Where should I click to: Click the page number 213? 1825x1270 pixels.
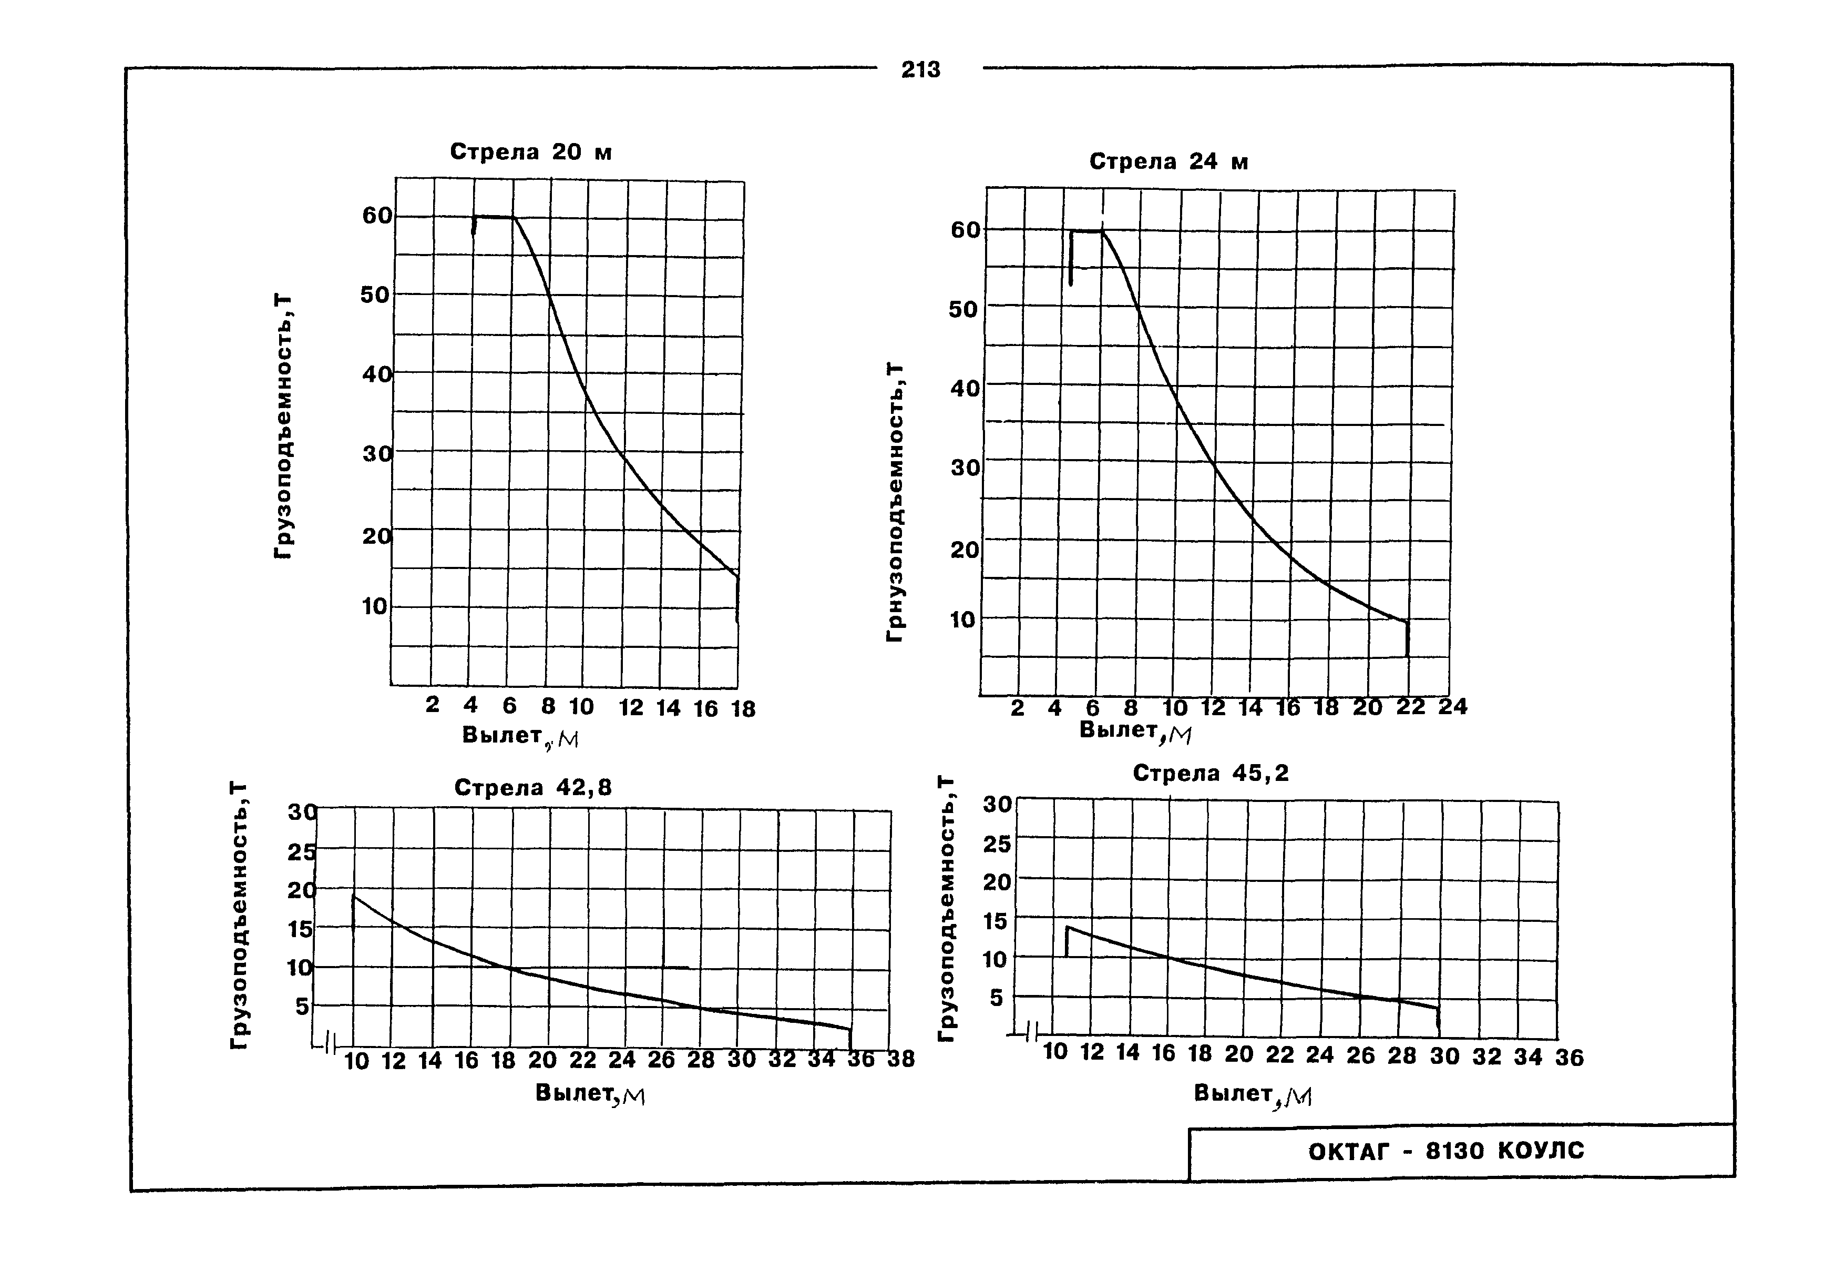point(920,70)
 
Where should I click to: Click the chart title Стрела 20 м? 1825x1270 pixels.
point(530,152)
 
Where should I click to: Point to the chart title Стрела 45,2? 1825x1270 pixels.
point(1210,773)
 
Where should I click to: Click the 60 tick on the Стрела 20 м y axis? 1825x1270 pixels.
point(377,216)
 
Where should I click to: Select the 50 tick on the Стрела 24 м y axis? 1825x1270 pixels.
point(963,309)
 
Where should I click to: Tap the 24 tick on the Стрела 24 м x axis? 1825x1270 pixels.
point(1452,706)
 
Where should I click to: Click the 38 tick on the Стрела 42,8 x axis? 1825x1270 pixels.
point(900,1059)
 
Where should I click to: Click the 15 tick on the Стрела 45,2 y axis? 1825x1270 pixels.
point(997,921)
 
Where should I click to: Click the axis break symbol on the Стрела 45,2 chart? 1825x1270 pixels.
point(1032,1032)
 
